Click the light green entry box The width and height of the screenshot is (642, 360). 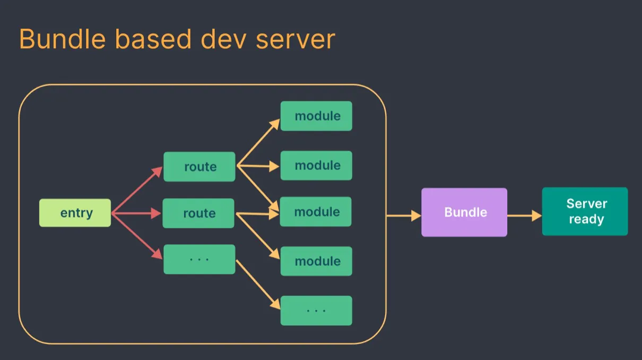tap(75, 213)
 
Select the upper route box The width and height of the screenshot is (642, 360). tap(199, 167)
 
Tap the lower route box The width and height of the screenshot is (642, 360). tap(198, 213)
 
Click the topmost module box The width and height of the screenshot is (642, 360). tap(316, 116)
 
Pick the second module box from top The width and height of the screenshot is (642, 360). tap(316, 165)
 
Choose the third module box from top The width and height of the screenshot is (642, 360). tap(316, 212)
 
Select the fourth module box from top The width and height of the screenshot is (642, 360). tap(316, 261)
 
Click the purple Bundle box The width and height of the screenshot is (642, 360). tap(464, 212)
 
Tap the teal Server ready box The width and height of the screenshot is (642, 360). tap(585, 211)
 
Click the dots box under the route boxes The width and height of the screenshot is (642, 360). tap(199, 259)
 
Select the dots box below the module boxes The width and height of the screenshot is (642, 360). tap(316, 310)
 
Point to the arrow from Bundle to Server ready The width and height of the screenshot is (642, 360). tap(524, 216)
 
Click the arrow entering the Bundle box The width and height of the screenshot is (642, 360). tap(403, 216)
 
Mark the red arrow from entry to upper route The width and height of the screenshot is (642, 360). tap(137, 190)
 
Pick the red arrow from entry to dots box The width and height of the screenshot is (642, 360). tap(137, 236)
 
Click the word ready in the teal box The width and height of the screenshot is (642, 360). tap(586, 219)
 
